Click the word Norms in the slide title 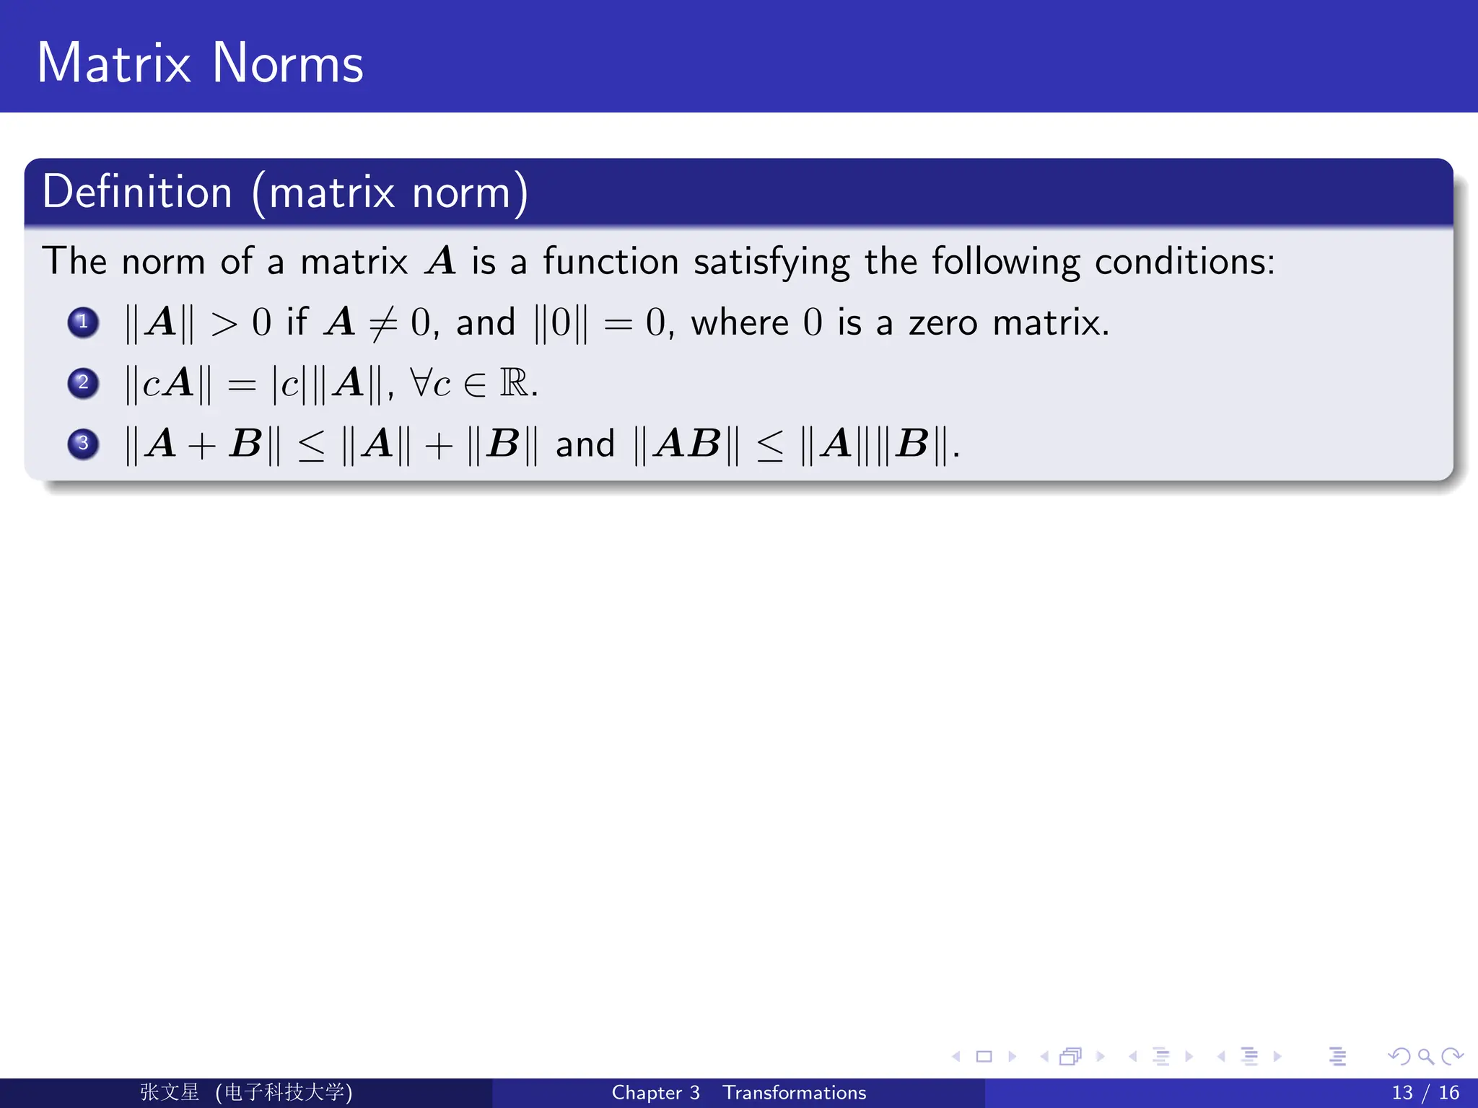click(287, 63)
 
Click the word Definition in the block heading click(137, 192)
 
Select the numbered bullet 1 click(83, 322)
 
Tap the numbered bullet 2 click(83, 382)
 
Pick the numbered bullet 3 click(83, 443)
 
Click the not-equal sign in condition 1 click(382, 323)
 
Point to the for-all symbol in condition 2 click(420, 382)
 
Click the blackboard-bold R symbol click(514, 382)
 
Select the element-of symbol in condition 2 click(475, 384)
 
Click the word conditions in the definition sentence click(1184, 261)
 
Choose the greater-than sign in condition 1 click(224, 323)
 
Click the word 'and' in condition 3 click(585, 444)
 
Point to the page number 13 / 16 click(1425, 1092)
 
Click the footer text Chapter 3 click(655, 1092)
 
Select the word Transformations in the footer click(794, 1092)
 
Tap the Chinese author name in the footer click(170, 1092)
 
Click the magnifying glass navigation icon click(1425, 1057)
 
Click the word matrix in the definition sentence click(354, 261)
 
